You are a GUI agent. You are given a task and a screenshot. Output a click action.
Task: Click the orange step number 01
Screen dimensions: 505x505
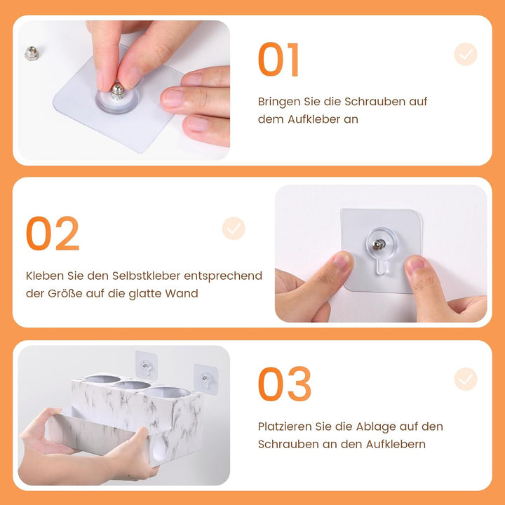(x=278, y=59)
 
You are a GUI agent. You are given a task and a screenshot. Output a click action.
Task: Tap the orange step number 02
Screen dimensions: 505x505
(x=53, y=233)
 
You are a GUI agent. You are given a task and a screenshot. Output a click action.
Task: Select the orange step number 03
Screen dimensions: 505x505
(x=284, y=384)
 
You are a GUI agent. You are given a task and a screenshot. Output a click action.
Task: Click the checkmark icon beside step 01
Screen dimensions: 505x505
(x=466, y=54)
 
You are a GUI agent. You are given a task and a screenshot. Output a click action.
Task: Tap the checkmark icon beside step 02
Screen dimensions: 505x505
(x=234, y=229)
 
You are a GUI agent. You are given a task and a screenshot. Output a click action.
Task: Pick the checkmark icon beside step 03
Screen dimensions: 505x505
(x=466, y=379)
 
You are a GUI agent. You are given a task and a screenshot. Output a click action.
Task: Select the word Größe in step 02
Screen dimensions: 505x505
(x=65, y=293)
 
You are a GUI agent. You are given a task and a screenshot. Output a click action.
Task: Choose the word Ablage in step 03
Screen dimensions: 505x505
(x=375, y=426)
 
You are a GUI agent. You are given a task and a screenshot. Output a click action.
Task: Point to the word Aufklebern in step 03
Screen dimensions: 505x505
(x=396, y=445)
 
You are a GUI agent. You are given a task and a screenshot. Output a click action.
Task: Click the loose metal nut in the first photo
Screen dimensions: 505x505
(x=32, y=53)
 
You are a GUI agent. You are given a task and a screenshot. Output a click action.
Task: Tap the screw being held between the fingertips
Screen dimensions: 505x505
(x=117, y=91)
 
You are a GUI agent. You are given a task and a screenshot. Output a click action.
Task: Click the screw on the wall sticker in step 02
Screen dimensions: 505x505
(x=379, y=245)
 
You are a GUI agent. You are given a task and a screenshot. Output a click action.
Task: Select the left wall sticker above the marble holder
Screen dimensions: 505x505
(x=146, y=365)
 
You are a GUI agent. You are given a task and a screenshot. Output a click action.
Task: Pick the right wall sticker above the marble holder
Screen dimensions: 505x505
(x=206, y=379)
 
